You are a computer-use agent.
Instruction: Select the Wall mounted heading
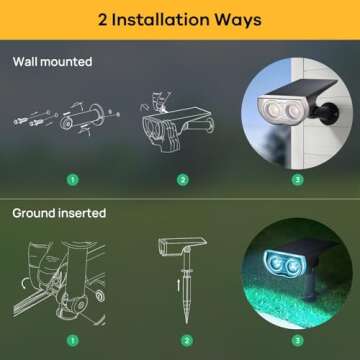click(x=52, y=62)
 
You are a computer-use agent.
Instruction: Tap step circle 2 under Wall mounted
click(x=182, y=180)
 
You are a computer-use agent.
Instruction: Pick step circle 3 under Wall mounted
click(x=296, y=180)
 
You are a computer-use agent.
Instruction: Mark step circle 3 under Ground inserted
click(x=296, y=339)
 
